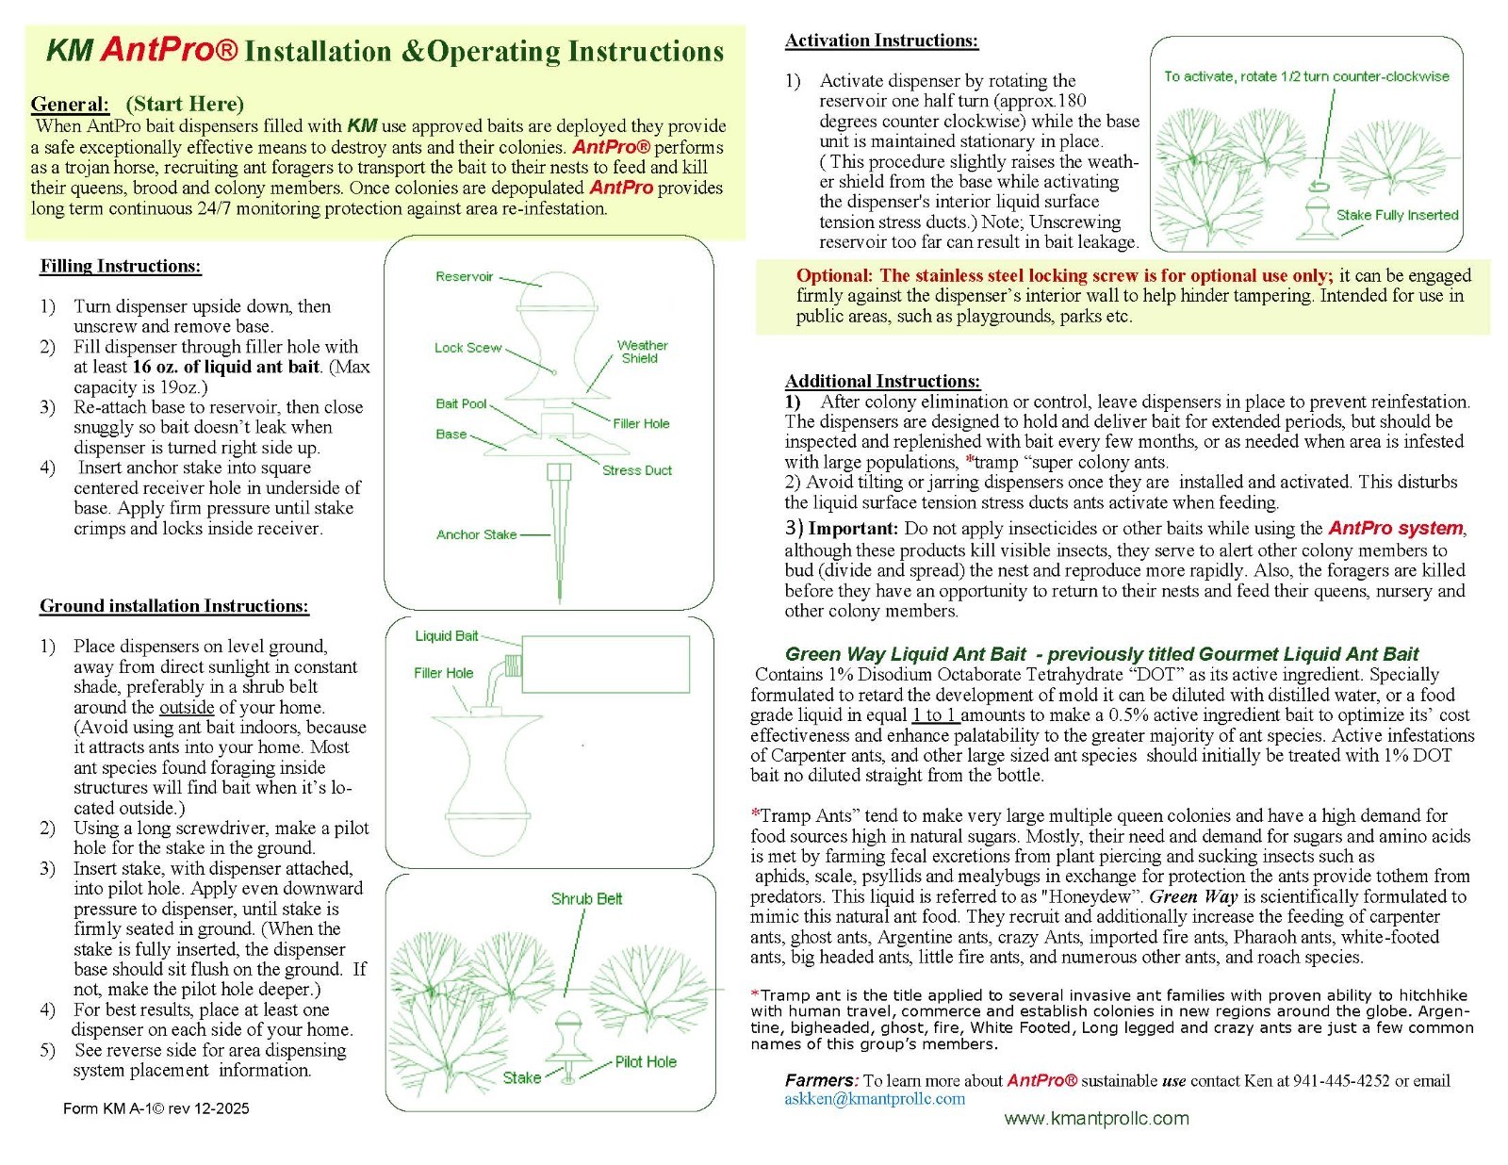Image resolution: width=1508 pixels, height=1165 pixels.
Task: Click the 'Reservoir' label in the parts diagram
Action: [464, 277]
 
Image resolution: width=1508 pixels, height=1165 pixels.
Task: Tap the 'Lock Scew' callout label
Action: [467, 348]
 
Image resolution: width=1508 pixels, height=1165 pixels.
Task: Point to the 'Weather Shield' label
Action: [642, 352]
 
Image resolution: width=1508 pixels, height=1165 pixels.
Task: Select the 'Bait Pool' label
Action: [461, 403]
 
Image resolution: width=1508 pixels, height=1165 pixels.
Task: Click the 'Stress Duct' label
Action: [636, 470]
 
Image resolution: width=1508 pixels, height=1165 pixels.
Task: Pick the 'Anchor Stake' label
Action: [476, 534]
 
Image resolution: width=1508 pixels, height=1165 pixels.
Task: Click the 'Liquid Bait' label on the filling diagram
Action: [446, 635]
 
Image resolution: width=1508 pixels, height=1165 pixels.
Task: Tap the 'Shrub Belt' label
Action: [586, 898]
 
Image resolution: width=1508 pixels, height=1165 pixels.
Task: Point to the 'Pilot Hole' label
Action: [646, 1061]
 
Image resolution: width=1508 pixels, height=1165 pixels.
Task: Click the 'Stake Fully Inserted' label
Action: [1397, 215]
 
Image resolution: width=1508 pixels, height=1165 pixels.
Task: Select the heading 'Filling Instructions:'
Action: [121, 267]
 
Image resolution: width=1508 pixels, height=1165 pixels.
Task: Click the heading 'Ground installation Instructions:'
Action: [174, 606]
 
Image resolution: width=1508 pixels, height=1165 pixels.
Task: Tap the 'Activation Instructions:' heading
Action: [881, 41]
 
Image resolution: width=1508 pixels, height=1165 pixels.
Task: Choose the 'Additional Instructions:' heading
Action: [882, 381]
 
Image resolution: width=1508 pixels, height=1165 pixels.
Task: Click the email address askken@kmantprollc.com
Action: [875, 1098]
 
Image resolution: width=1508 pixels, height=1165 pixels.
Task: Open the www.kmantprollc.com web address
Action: [1096, 1119]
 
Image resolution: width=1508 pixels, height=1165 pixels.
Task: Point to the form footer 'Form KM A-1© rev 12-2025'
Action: [156, 1108]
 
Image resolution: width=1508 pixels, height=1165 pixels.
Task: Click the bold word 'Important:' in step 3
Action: [853, 529]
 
